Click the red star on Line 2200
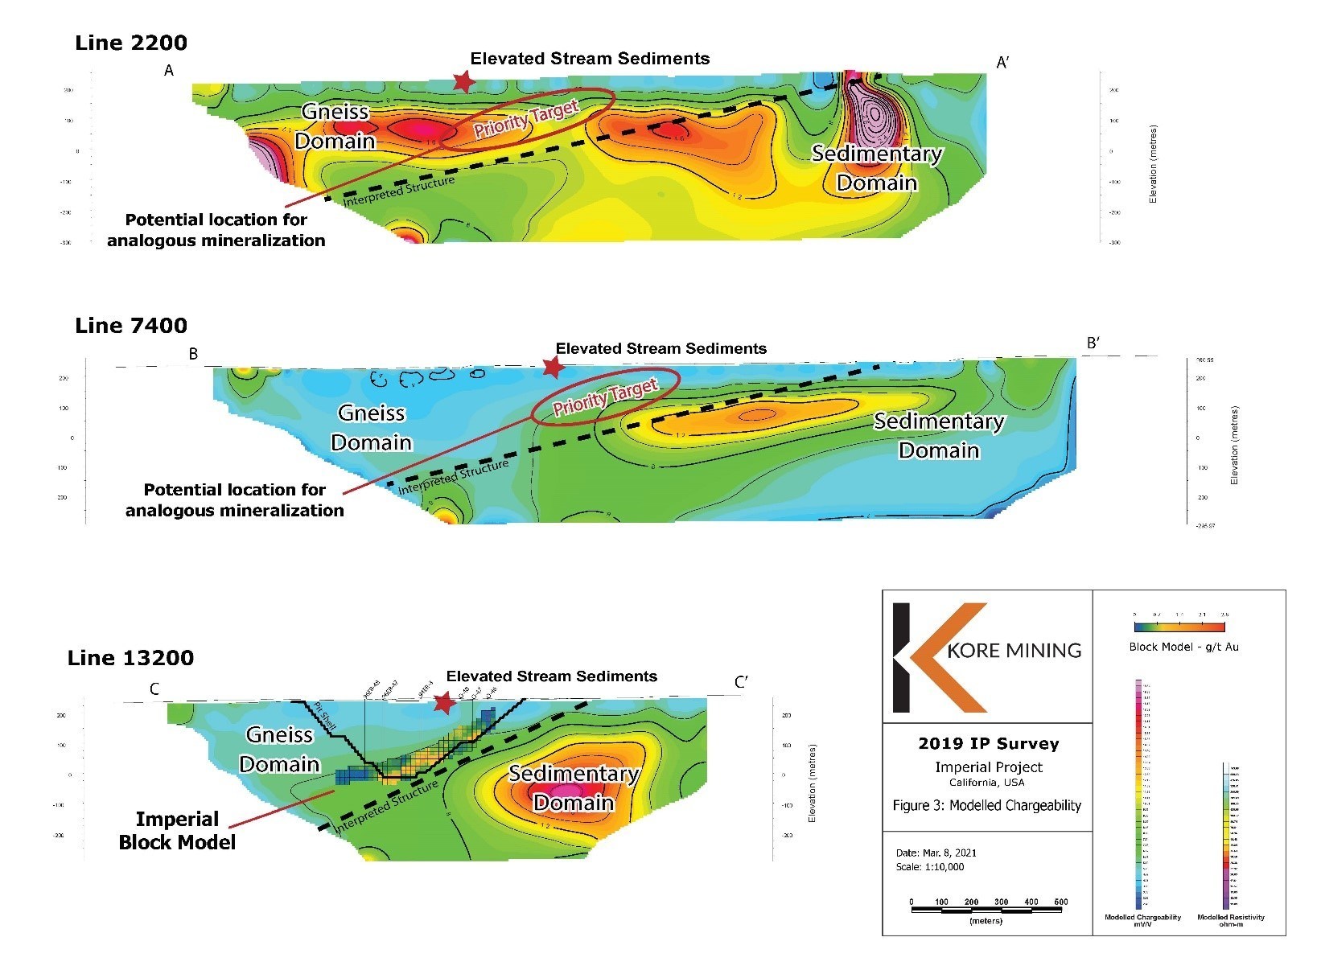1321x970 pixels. [x=463, y=81]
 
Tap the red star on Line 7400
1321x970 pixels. [x=554, y=368]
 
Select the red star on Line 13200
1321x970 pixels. [x=443, y=702]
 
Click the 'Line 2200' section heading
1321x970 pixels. [x=131, y=43]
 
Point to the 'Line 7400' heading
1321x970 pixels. [x=131, y=326]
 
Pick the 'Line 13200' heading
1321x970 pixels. [x=131, y=658]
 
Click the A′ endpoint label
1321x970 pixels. [x=1003, y=63]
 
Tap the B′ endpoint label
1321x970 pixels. [x=1093, y=343]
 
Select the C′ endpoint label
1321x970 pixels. [x=742, y=683]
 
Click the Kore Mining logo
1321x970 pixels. [x=987, y=656]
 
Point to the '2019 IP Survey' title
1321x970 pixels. [x=988, y=744]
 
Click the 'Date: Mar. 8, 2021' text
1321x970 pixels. [x=936, y=853]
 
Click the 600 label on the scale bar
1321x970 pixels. [x=1060, y=902]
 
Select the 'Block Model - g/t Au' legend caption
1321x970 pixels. [x=1183, y=647]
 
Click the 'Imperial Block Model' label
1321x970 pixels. [x=177, y=830]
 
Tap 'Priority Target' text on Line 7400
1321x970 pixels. [x=605, y=397]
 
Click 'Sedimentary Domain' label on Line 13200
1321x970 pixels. [x=574, y=788]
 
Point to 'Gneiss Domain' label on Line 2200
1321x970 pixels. [x=335, y=126]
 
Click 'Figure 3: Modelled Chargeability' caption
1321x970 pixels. [x=986, y=805]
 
